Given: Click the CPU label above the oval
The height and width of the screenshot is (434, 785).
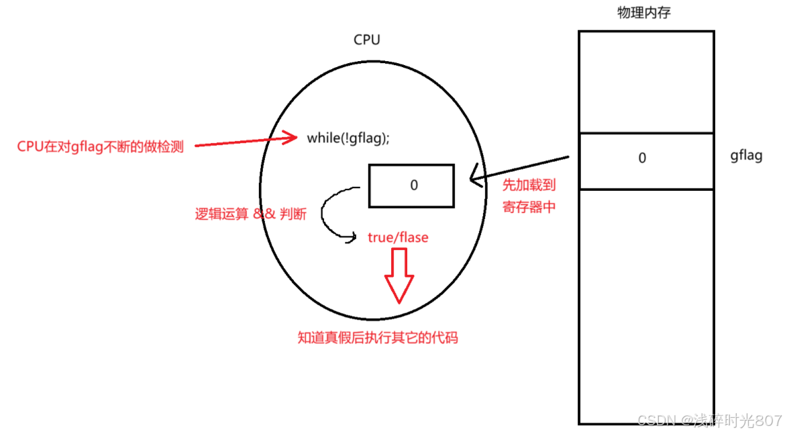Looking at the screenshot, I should click(x=366, y=40).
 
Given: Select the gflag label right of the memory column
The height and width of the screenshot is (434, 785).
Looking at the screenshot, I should click(x=746, y=157).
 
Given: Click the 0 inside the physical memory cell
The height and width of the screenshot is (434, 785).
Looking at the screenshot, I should click(x=642, y=159).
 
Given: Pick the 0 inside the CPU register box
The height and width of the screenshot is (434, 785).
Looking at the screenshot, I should click(x=413, y=185).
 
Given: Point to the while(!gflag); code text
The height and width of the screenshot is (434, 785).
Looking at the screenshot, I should click(x=348, y=138).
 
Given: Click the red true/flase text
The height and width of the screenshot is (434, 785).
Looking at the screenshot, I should click(x=398, y=237).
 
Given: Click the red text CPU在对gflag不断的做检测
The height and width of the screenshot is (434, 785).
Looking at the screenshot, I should click(x=100, y=147).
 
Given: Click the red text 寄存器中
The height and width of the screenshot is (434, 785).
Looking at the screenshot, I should click(x=529, y=207).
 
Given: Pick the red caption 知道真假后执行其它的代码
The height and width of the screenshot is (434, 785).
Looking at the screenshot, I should click(x=377, y=337).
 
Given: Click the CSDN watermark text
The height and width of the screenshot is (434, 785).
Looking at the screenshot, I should click(x=709, y=421).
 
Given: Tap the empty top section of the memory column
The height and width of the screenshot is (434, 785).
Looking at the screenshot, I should click(x=645, y=81).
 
